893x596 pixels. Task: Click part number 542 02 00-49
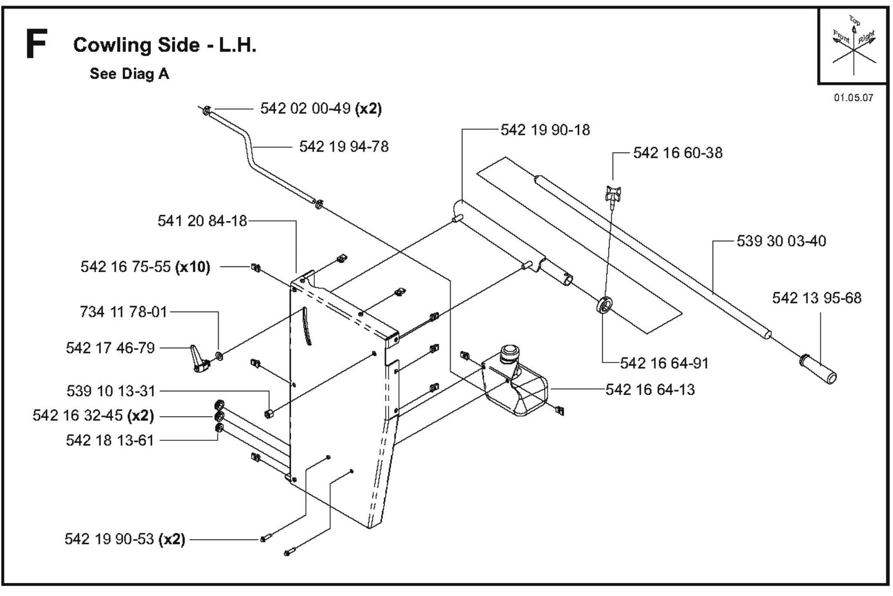[321, 109]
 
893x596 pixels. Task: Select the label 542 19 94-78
[344, 147]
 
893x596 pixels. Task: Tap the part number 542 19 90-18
[545, 130]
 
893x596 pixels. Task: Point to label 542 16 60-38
[677, 153]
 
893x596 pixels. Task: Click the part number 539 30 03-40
[781, 241]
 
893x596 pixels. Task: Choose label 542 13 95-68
[816, 298]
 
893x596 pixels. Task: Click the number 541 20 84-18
[202, 221]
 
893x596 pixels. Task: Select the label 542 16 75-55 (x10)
[145, 267]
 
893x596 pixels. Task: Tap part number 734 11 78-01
[124, 312]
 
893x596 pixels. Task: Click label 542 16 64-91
[664, 363]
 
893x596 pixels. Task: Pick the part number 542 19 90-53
[125, 539]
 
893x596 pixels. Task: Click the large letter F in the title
[36, 45]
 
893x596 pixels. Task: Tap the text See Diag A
[129, 74]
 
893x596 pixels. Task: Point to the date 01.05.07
[853, 98]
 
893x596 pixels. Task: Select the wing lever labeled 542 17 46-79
[199, 359]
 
